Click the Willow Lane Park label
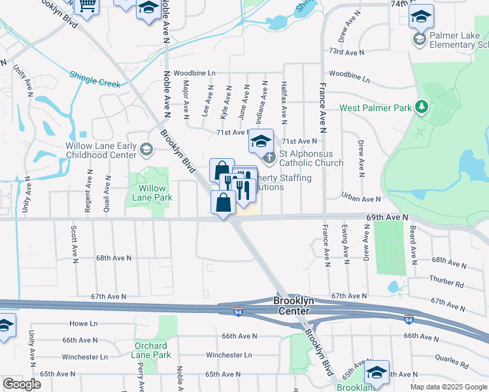click(x=152, y=193)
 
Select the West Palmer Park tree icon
click(x=422, y=106)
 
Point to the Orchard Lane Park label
click(x=152, y=350)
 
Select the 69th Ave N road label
click(x=386, y=216)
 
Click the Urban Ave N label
click(x=361, y=199)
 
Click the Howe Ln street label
click(x=83, y=323)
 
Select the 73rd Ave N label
click(x=346, y=51)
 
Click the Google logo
click(x=22, y=384)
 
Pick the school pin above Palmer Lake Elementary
click(x=421, y=16)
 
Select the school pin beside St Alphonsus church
click(x=261, y=140)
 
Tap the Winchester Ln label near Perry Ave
click(x=85, y=357)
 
